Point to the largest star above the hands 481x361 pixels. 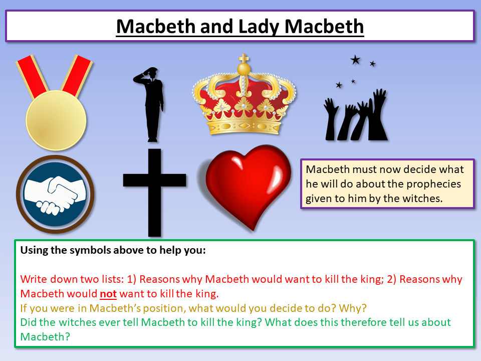click(355, 60)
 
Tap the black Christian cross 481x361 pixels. click(154, 191)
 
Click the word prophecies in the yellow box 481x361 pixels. click(426, 184)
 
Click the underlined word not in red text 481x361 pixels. click(108, 293)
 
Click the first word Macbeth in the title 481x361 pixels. click(155, 26)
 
